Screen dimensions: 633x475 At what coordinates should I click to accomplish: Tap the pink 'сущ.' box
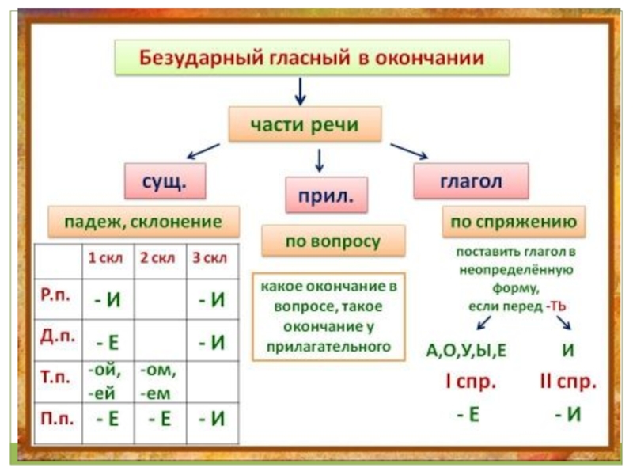tap(164, 180)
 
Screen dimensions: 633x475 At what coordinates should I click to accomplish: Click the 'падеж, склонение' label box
tap(146, 222)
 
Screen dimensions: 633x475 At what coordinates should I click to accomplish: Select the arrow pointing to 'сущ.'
tap(203, 150)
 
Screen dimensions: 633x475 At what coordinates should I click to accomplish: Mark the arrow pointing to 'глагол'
tap(408, 150)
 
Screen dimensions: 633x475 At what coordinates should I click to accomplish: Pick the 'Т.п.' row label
tap(56, 375)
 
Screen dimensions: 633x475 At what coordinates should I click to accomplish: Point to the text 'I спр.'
tap(470, 383)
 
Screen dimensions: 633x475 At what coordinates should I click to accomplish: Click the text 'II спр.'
tap(567, 383)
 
